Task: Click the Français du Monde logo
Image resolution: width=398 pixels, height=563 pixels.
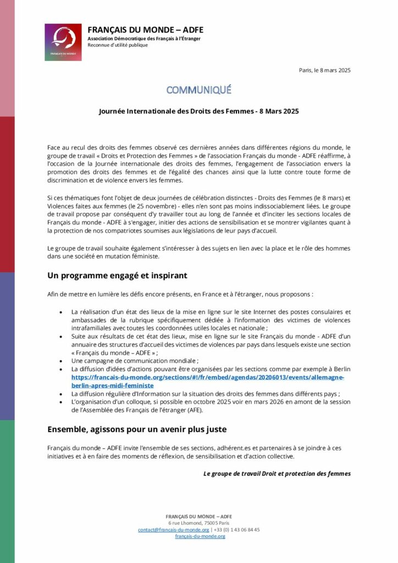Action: [63, 42]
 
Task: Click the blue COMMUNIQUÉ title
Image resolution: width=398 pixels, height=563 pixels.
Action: [199, 90]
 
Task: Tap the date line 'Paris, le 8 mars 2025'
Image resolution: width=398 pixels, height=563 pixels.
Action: [324, 70]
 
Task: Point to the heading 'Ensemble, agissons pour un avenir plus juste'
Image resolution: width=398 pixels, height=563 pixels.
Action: [137, 428]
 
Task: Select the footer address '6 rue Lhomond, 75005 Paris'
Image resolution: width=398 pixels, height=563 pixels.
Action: [199, 523]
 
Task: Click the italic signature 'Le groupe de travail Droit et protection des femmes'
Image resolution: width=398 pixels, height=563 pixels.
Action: [277, 473]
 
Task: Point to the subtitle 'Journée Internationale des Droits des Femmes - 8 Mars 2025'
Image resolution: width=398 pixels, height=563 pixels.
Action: [199, 111]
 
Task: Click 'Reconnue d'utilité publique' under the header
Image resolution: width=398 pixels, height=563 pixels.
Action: [118, 45]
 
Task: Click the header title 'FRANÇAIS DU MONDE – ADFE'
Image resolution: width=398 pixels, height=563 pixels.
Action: [145, 30]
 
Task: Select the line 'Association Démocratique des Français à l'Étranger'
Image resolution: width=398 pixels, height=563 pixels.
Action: [144, 38]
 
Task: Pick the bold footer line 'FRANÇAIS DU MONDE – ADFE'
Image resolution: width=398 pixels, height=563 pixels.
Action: [199, 516]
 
